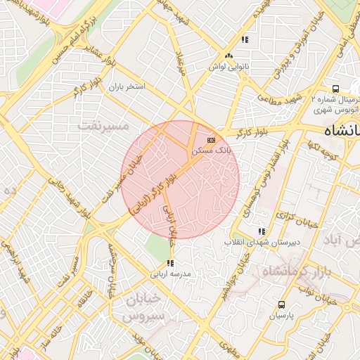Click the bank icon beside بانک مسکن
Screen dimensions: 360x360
(212, 140)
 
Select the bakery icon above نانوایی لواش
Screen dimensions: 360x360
(228, 56)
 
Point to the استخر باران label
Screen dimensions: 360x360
(126, 88)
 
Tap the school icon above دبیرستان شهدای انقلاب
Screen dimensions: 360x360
(262, 231)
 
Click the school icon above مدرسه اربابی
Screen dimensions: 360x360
(169, 264)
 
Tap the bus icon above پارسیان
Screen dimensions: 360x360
(282, 305)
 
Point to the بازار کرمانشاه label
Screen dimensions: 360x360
(294, 271)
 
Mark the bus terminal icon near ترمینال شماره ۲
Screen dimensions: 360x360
(336, 89)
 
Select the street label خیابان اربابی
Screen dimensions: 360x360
(171, 221)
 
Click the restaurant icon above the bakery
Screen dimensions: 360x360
(244, 40)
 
